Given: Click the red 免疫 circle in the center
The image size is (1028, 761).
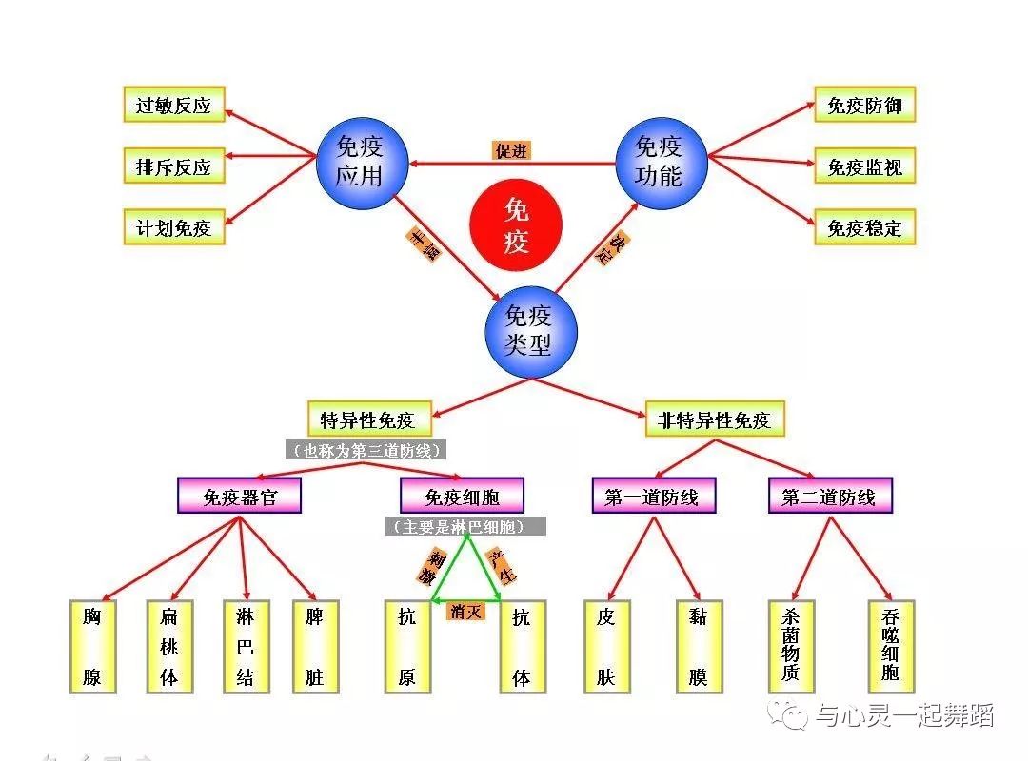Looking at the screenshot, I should point(516,224).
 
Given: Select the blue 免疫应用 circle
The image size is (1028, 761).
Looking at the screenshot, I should point(362,162).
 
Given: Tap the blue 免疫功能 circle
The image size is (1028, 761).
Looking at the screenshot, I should point(660,162).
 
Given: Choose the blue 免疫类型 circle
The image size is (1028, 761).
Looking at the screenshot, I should point(530,329).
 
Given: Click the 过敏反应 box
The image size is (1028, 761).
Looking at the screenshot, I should point(174,105).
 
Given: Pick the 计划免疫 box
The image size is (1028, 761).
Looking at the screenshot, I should point(174,228).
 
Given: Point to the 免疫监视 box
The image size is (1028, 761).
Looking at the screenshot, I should point(864,166).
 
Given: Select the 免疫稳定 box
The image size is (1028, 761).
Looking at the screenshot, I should point(864,228).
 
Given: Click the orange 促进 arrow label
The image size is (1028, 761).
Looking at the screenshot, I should point(511,150).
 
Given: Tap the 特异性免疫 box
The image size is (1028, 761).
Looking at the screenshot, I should point(367,420).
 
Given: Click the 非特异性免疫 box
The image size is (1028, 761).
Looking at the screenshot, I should point(715,420).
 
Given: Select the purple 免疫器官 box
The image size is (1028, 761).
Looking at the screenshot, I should point(239,497).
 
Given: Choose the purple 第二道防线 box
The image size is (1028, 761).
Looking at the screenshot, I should point(829,497).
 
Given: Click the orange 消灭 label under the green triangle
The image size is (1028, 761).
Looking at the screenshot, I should point(465,611).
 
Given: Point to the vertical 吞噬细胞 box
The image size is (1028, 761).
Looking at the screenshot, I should point(890,645).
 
